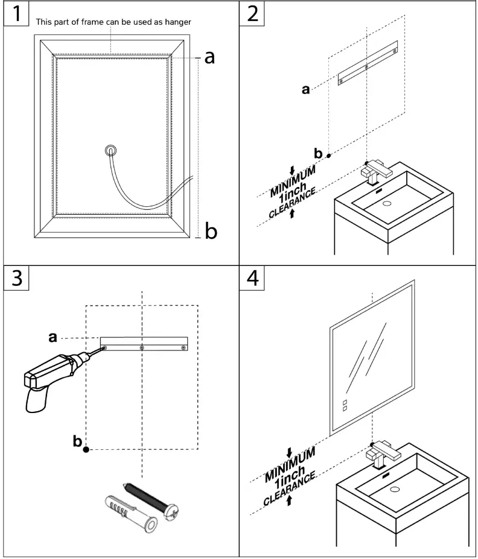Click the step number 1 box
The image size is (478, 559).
(16, 13)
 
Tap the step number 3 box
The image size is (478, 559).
(16, 278)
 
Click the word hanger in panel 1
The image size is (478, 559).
(178, 22)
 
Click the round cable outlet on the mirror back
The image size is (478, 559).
(110, 150)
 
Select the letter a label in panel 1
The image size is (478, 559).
(209, 57)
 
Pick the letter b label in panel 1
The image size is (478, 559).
(211, 230)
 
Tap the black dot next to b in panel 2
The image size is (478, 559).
(329, 156)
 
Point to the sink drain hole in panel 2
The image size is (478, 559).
(387, 203)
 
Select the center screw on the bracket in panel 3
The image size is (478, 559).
(142, 347)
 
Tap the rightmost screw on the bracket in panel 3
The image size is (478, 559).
(183, 347)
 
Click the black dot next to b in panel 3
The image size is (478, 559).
(87, 449)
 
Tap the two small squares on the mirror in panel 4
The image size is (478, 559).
(345, 405)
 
